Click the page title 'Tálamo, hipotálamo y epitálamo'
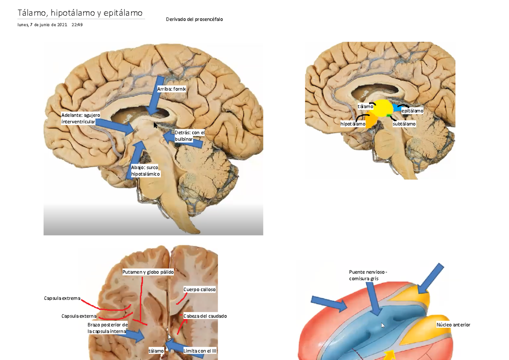tap(80, 13)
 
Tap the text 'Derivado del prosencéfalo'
tap(194, 20)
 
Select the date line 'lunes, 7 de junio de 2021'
tap(42, 25)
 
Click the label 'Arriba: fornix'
tap(171, 89)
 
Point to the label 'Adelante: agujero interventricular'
tap(81, 118)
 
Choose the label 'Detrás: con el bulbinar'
tap(190, 136)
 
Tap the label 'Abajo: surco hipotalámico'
tap(145, 170)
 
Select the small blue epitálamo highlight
tap(397, 108)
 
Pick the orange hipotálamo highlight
tap(371, 120)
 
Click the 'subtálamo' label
tap(404, 124)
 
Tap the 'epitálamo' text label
tap(412, 111)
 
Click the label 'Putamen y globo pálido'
tap(148, 272)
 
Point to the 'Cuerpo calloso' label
tap(199, 289)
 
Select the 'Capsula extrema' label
tap(62, 298)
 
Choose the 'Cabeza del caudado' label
tap(205, 316)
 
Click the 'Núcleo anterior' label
tap(453, 325)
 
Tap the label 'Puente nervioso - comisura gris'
tap(368, 275)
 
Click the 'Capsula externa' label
tap(79, 316)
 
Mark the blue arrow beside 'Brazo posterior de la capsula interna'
tap(135, 336)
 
